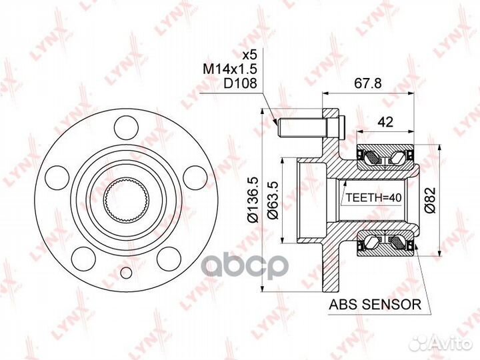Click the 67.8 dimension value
click(x=368, y=83)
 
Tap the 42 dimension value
click(x=385, y=122)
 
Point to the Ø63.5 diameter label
click(x=272, y=200)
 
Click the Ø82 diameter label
click(x=430, y=200)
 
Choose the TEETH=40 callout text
click(x=373, y=198)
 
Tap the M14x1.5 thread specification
click(x=230, y=69)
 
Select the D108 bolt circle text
click(x=240, y=83)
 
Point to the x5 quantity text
click(x=249, y=55)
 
